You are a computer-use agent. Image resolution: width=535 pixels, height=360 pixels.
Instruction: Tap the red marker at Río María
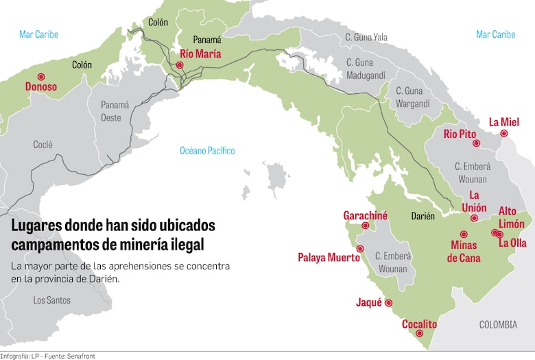[180, 65]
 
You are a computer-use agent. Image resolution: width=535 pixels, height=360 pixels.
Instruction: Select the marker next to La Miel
[504, 134]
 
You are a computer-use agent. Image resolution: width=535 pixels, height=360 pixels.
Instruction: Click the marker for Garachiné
[366, 226]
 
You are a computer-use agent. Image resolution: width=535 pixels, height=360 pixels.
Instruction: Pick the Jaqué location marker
[388, 302]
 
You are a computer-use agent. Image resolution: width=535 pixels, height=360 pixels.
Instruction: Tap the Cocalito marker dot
[420, 334]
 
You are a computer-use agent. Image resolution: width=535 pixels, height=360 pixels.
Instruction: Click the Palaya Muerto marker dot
[361, 248]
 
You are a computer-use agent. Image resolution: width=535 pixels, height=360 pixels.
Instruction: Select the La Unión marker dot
[474, 218]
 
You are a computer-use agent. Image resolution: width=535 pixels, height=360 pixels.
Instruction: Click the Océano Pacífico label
[207, 150]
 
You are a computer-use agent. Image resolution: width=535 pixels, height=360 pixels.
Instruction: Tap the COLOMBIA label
[498, 324]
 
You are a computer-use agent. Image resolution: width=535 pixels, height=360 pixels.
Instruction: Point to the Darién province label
[423, 216]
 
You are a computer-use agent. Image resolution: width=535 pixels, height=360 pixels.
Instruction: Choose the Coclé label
[43, 145]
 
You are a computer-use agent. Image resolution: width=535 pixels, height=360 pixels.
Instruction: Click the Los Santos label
[51, 300]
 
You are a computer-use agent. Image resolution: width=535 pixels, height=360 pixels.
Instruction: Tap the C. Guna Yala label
[366, 37]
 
